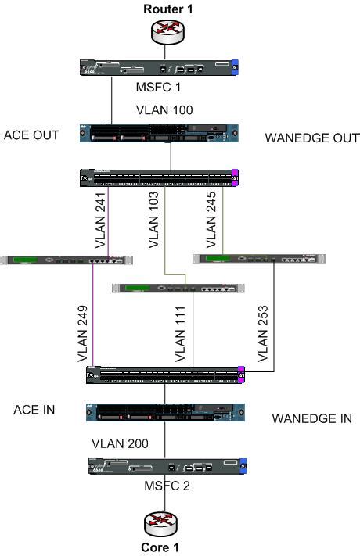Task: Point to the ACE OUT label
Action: coord(31,134)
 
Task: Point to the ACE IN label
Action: coord(34,410)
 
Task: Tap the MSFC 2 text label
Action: coord(166,488)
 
